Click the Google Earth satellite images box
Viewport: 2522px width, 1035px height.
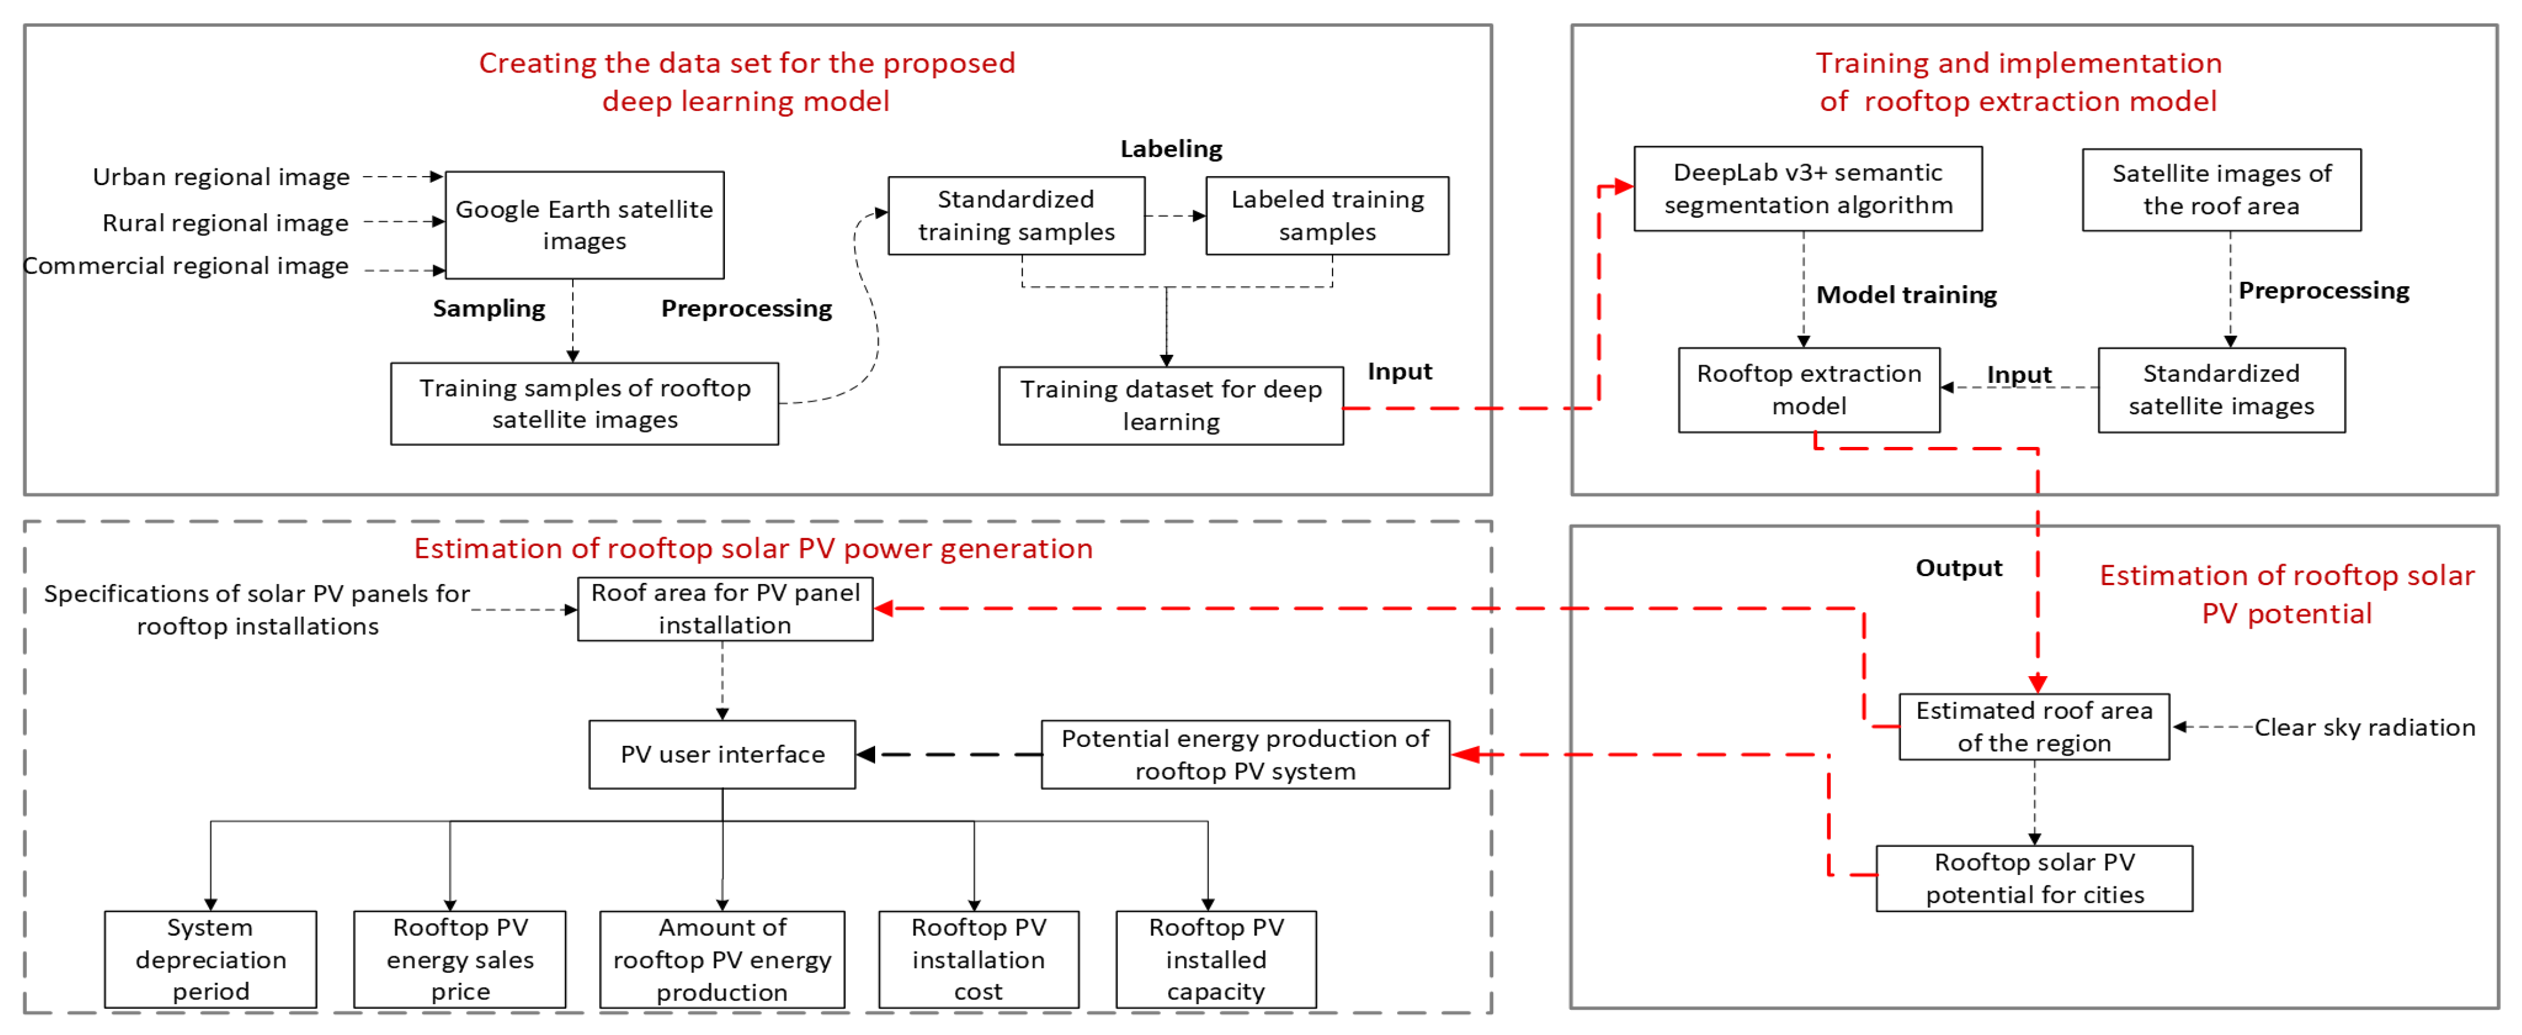(584, 225)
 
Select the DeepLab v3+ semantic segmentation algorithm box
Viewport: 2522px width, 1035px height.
(1807, 189)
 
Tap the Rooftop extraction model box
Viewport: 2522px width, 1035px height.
(1809, 390)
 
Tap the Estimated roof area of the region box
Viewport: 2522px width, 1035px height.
(2034, 726)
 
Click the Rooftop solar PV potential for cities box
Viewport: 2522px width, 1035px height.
(2034, 878)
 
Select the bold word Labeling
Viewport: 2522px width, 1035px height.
(1171, 149)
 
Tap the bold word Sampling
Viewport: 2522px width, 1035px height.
(488, 309)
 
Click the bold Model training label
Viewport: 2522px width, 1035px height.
(1905, 295)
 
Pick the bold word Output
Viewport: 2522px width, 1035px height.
(1958, 568)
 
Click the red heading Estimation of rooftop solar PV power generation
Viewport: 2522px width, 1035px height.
(753, 548)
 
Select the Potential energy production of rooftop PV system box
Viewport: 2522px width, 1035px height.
(1244, 754)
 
